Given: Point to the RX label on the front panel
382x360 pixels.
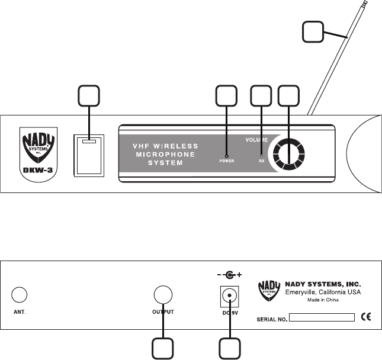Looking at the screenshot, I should [261, 159].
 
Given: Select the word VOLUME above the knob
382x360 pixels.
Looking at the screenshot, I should [258, 140].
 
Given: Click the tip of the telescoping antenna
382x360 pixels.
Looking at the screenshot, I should [365, 3].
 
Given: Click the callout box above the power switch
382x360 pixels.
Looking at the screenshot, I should [89, 97].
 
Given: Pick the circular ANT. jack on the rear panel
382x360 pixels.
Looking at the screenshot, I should [20, 294].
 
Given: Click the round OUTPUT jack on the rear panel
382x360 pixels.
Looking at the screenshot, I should [163, 294].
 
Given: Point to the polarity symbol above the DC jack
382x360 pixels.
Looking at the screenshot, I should [228, 274].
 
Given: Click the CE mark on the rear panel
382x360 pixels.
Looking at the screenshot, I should [365, 317].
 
